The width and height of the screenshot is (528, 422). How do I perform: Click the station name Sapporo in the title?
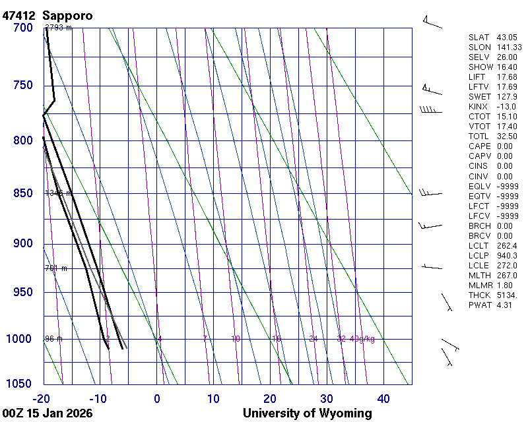(67, 15)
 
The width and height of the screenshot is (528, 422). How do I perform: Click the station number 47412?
(19, 15)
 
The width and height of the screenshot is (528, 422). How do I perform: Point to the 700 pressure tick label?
(23, 28)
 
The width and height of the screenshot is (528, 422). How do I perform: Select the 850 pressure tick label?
(23, 193)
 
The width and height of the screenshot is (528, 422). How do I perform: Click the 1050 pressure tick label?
(20, 384)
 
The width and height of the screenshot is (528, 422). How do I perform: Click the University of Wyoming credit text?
(307, 413)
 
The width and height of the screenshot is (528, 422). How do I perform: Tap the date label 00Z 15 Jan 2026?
(48, 413)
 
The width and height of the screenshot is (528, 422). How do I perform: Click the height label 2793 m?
(58, 28)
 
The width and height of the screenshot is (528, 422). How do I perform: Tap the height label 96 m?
(53, 339)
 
